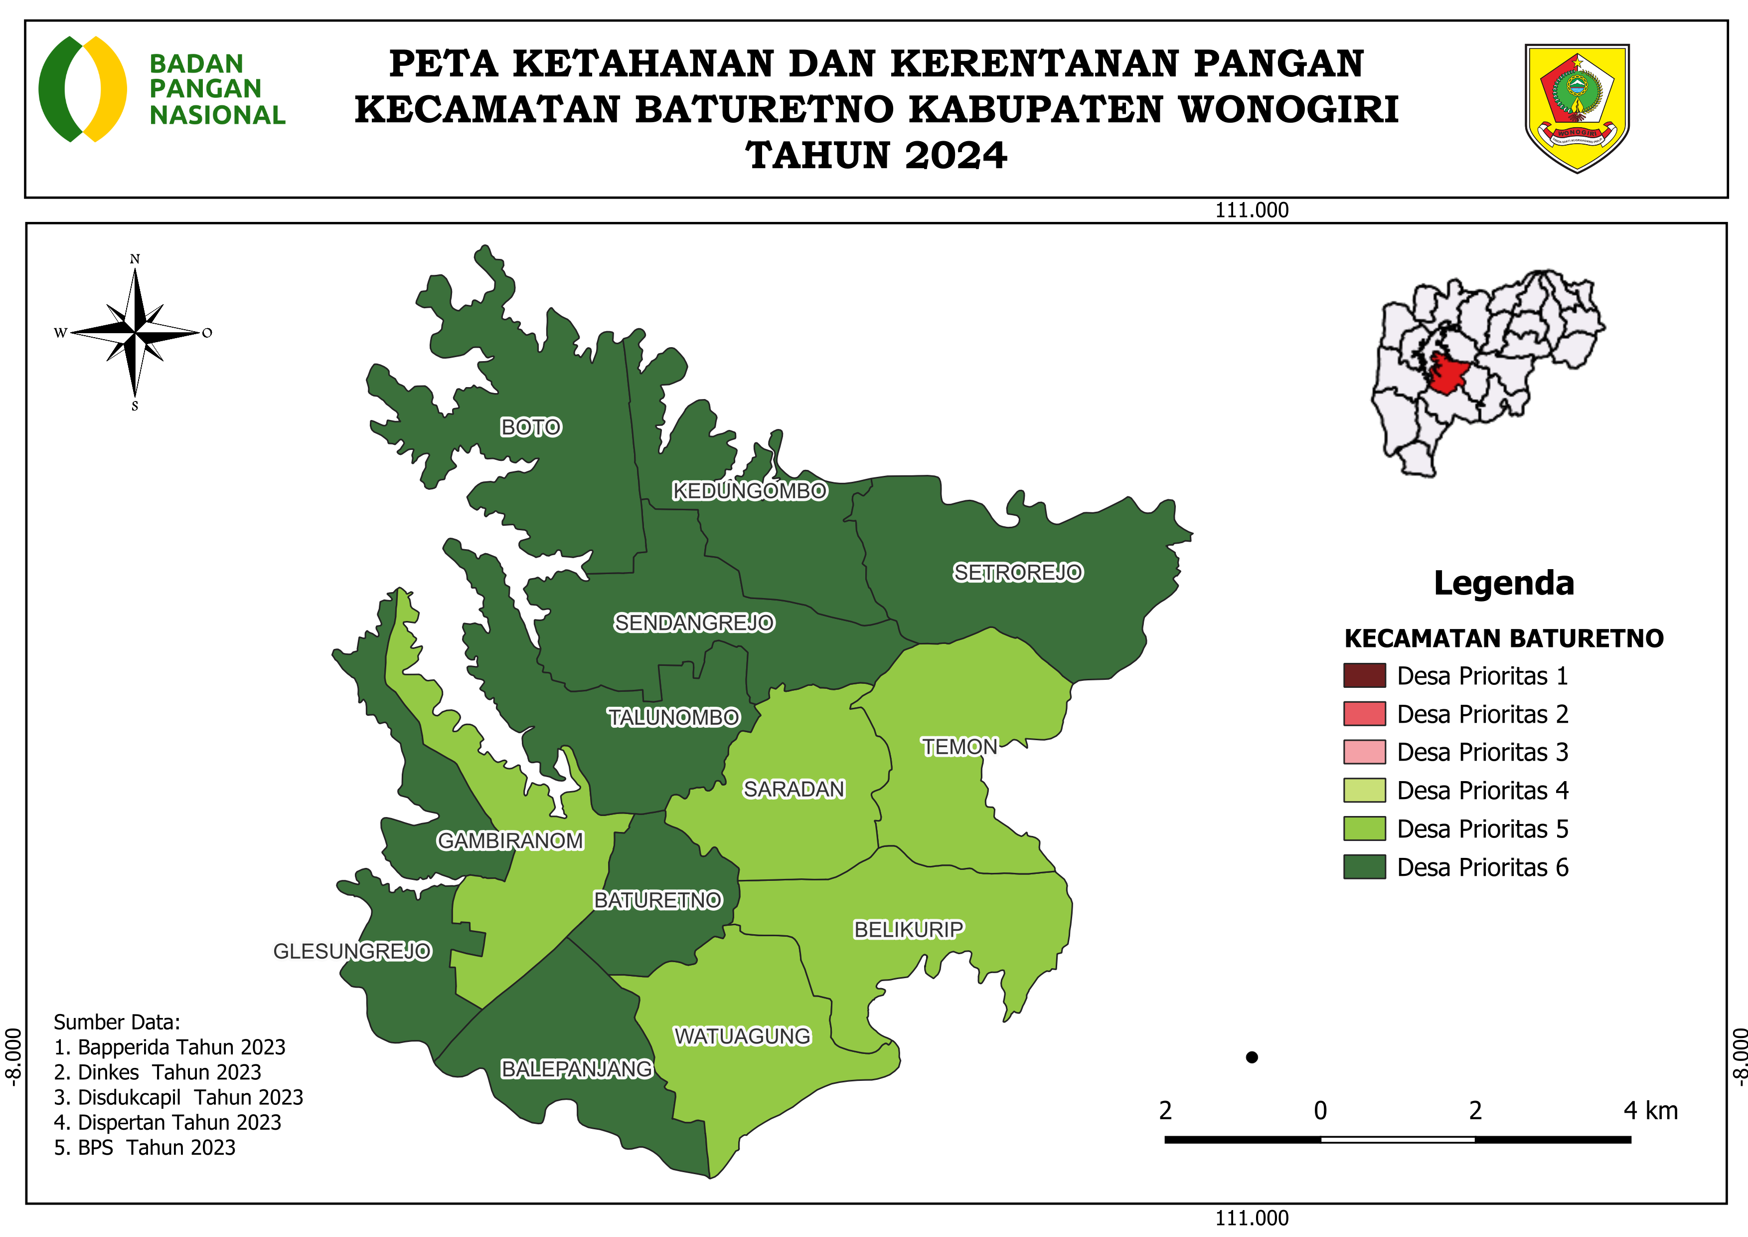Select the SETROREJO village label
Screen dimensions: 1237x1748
(x=1017, y=572)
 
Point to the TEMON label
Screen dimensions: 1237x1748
(x=959, y=747)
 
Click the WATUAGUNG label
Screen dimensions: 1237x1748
(x=742, y=1036)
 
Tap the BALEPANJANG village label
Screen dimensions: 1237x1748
(x=576, y=1069)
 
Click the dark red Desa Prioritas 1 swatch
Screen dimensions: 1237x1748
(x=1364, y=676)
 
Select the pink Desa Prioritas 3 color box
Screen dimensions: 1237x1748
(x=1364, y=752)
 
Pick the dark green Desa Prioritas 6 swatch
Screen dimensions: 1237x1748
(x=1364, y=867)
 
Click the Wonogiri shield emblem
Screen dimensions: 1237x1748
(x=1577, y=107)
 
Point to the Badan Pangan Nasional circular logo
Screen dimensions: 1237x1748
(x=82, y=89)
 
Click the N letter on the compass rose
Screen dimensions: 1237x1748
(x=135, y=259)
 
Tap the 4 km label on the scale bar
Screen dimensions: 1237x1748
(x=1650, y=1111)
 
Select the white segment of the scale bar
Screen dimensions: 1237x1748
(x=1397, y=1140)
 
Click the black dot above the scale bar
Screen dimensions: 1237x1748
(x=1252, y=1057)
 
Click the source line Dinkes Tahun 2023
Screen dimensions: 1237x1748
(x=158, y=1072)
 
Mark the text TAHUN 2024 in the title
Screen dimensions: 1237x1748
(x=876, y=156)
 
